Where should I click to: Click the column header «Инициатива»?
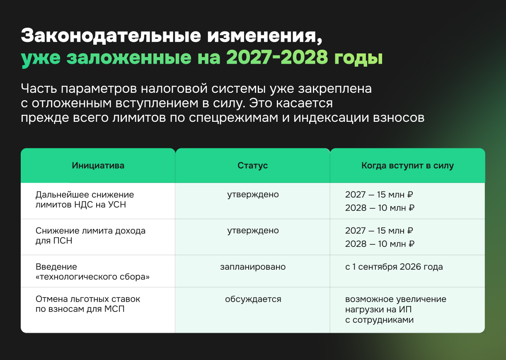click(98, 166)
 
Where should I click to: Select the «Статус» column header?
click(252, 166)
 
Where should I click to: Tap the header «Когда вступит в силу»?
click(407, 166)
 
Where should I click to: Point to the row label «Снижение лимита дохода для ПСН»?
click(90, 235)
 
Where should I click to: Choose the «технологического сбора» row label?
click(92, 277)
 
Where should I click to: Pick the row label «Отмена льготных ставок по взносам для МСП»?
click(88, 303)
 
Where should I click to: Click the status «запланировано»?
click(253, 267)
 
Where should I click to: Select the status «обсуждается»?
click(253, 299)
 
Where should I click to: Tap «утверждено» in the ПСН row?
click(253, 231)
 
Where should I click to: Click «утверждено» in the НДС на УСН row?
click(253, 194)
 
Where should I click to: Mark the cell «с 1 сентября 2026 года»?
click(394, 267)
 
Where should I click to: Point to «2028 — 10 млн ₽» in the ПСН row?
click(380, 244)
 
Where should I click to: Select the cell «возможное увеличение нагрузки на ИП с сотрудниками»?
click(395, 309)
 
